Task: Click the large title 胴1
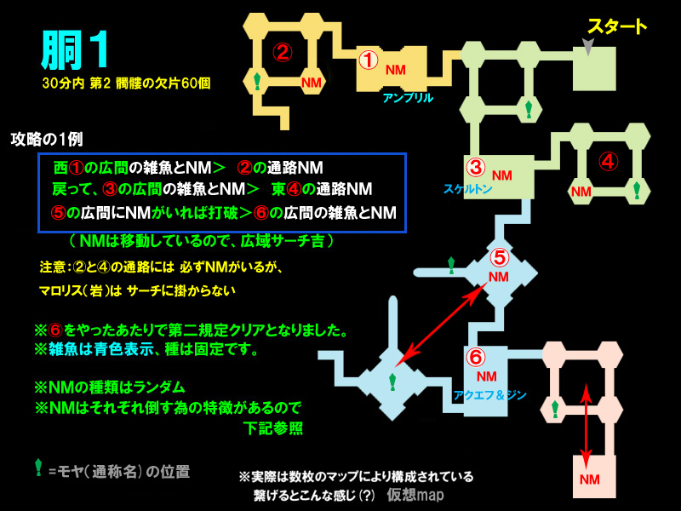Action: coord(75,53)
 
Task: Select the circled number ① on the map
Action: coord(368,60)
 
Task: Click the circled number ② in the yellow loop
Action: coord(282,53)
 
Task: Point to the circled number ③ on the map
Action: coord(477,167)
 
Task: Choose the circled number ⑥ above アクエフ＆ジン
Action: coord(476,358)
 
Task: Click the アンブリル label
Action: coord(408,98)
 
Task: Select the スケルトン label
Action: coord(467,189)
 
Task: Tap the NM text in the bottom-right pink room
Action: coord(589,479)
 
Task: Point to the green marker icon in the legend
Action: coord(37,468)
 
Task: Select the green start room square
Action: coord(605,68)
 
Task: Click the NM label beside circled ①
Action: coord(396,69)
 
